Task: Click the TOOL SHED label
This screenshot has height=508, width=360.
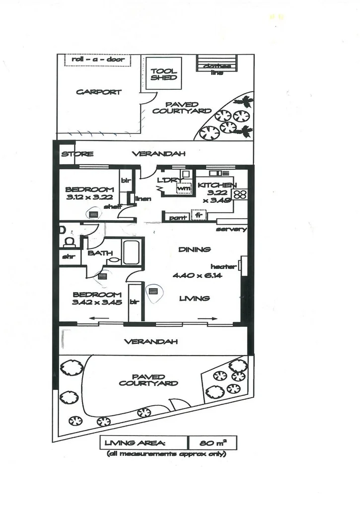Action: [163, 75]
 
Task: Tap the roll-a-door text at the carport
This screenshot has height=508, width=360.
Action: [97, 60]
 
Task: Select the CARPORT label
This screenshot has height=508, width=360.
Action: [98, 92]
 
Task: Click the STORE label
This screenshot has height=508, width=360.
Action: [74, 154]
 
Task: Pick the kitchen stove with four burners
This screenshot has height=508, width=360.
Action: [240, 194]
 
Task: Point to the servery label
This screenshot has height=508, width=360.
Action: [231, 229]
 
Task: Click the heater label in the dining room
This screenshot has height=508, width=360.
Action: [223, 266]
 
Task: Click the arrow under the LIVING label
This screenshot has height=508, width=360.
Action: [209, 318]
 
